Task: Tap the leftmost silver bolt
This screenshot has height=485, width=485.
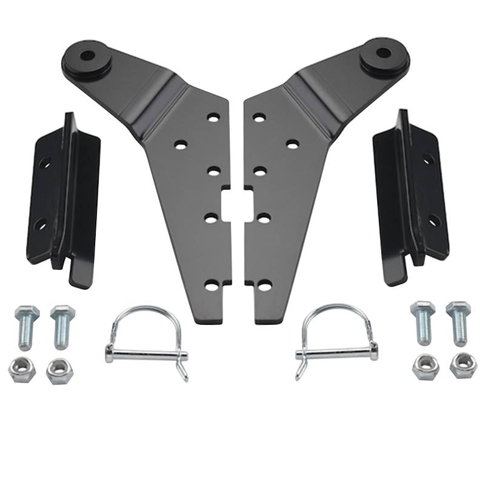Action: coord(26,326)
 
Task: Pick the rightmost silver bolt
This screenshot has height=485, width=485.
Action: coord(458,321)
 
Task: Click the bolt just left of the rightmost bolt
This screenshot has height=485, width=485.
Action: coord(423,321)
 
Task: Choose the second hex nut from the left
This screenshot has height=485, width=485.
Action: coord(59,370)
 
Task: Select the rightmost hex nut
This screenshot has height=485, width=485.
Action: coord(463,365)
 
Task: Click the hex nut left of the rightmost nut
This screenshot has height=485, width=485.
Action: coord(425,366)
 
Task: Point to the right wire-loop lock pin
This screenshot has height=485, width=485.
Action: coord(335,341)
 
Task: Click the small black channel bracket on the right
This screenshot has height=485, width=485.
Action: coord(412,197)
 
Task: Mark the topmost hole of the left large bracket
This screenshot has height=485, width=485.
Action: coord(213,117)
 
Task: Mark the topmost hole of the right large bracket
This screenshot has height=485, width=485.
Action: coord(259,117)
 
